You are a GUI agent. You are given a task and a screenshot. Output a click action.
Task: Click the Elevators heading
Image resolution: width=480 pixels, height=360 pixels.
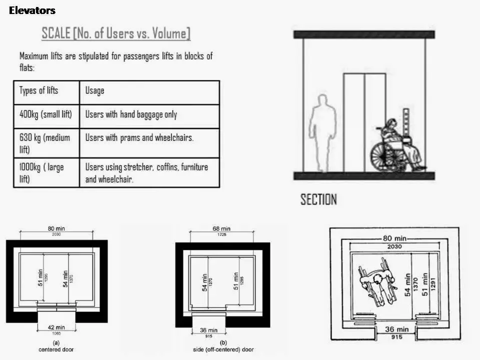click(x=32, y=10)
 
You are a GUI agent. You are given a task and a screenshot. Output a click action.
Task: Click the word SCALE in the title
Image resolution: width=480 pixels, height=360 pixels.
click(x=56, y=33)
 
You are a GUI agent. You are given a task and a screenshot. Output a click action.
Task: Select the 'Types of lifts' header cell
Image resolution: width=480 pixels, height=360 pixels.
click(x=46, y=92)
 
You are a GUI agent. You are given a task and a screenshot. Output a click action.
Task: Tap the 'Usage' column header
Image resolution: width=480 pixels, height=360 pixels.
click(x=149, y=92)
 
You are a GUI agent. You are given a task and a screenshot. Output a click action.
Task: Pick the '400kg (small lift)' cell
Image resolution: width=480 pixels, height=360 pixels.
click(x=46, y=116)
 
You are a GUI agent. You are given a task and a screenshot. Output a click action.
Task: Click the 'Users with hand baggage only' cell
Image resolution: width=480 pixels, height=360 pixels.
click(x=149, y=116)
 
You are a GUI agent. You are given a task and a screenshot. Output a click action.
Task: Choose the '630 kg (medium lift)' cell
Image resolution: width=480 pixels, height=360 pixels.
click(x=46, y=143)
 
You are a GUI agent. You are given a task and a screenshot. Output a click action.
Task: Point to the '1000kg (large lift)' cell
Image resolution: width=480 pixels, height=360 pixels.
click(x=46, y=172)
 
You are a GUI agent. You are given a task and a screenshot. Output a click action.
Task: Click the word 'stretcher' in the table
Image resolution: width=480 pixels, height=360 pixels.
click(x=138, y=167)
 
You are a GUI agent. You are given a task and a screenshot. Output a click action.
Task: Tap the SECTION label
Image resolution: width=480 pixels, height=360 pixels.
click(x=318, y=199)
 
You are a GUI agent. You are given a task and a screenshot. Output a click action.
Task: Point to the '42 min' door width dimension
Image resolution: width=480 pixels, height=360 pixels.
click(x=56, y=327)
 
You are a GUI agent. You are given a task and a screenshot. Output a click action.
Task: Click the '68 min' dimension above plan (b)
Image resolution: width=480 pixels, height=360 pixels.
click(x=221, y=228)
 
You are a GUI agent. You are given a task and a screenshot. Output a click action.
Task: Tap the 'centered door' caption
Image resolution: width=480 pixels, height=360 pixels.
click(x=56, y=349)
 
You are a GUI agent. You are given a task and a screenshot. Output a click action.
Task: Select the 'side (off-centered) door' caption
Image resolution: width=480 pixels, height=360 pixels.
click(x=223, y=349)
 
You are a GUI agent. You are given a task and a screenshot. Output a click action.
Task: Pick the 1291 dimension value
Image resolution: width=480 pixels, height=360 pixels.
click(x=432, y=284)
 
